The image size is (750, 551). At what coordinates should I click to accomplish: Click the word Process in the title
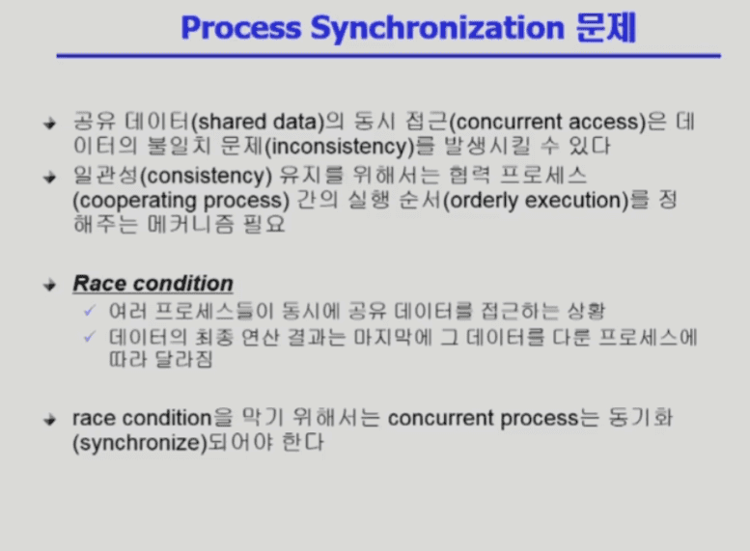pos(241,28)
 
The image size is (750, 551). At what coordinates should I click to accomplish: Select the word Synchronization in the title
pos(437,29)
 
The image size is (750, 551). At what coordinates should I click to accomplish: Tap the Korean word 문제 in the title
pos(606,28)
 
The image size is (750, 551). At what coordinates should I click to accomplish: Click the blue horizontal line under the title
pos(388,56)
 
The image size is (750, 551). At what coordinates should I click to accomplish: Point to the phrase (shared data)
pos(259,122)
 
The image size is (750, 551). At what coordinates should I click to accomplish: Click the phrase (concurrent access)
pos(547,122)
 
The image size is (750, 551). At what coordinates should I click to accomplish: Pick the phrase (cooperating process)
pos(181,201)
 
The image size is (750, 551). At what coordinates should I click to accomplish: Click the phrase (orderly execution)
pos(536,201)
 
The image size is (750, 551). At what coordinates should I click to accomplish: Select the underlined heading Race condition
pos(153,284)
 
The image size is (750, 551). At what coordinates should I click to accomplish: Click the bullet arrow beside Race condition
pos(50,286)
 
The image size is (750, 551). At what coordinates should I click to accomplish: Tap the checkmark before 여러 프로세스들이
pos(90,311)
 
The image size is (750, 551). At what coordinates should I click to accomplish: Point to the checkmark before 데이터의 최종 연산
pos(90,337)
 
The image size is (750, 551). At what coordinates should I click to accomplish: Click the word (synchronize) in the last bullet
pos(140,443)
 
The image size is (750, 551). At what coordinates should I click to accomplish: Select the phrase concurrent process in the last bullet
pos(483,419)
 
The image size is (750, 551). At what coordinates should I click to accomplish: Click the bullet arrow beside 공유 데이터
pos(50,124)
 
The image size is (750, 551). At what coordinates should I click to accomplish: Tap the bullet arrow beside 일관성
pos(50,178)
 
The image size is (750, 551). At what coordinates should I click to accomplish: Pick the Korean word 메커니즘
pos(190,224)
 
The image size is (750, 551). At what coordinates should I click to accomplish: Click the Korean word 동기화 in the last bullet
pos(641,418)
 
